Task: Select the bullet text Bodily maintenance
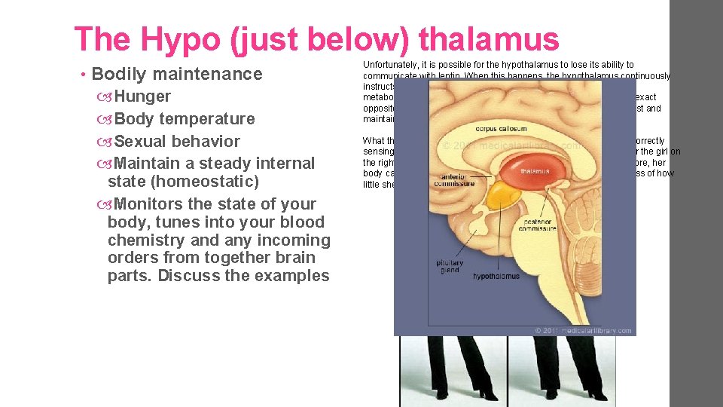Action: tap(177, 74)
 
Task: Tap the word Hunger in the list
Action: tap(142, 96)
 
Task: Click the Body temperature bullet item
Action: tap(185, 119)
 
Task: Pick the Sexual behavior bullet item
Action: tap(177, 142)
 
